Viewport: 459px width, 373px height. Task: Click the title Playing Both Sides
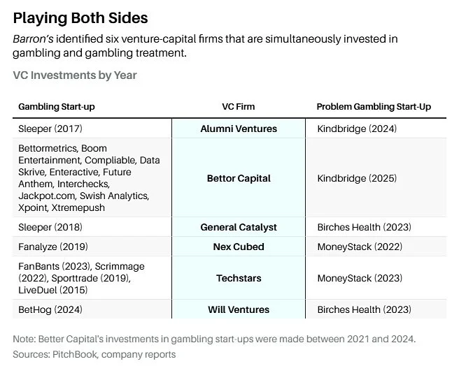click(80, 17)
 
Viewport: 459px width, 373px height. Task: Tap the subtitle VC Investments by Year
click(75, 75)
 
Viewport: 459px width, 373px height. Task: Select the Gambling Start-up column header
click(57, 107)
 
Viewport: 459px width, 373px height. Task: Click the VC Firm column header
click(238, 107)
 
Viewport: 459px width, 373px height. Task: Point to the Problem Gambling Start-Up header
click(374, 107)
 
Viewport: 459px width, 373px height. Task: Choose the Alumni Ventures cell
click(238, 129)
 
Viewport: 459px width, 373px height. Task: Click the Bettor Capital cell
click(238, 178)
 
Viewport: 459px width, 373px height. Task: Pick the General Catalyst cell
click(238, 227)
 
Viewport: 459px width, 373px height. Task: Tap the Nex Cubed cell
click(238, 247)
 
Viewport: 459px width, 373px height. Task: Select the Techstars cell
click(238, 278)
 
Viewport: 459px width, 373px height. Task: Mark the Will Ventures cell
click(238, 309)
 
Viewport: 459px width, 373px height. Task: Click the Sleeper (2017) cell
click(47, 129)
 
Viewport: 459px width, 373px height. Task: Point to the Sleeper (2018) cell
click(47, 227)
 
